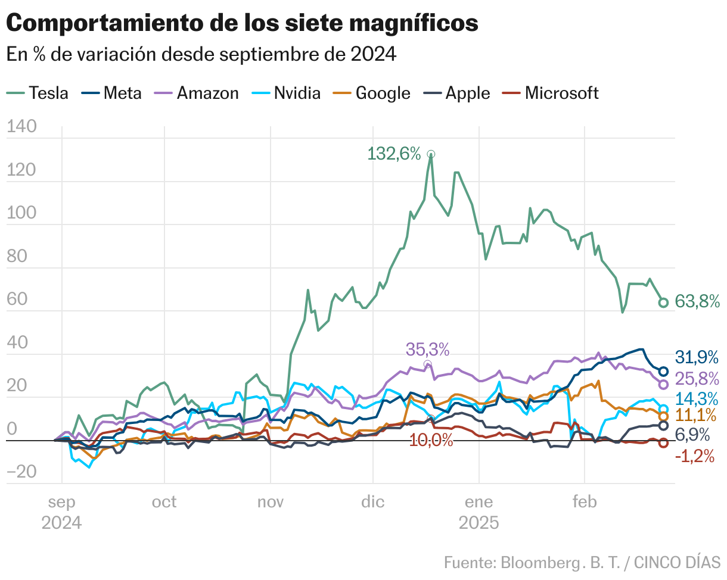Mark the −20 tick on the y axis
click(x=22, y=471)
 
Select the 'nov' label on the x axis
click(x=271, y=502)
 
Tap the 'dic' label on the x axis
click(x=372, y=502)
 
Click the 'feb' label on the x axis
click(x=585, y=502)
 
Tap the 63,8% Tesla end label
click(x=697, y=302)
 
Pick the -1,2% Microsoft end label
click(x=695, y=457)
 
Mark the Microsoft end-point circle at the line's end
click(x=663, y=443)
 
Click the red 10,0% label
click(x=431, y=441)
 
